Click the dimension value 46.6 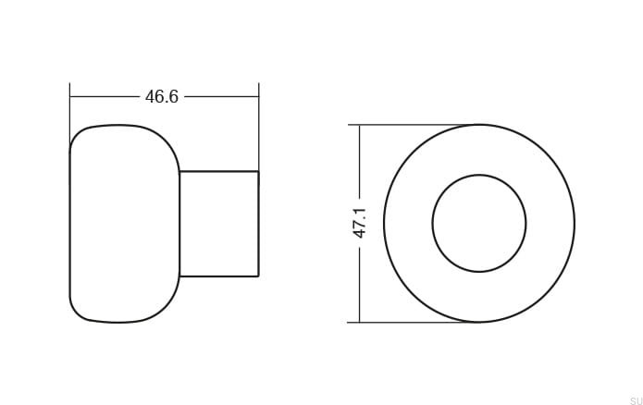pos(162,97)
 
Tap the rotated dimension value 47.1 pos(360,223)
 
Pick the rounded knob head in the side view pos(70,224)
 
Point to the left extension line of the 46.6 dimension pos(69,113)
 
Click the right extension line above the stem pos(259,127)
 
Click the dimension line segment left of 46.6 pos(105,97)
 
